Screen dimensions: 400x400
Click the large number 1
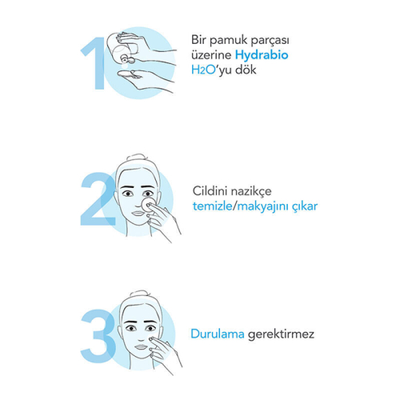click(94, 60)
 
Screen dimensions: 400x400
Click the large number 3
click(97, 334)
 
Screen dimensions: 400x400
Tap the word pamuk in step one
click(229, 38)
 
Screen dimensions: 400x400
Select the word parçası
click(277, 38)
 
